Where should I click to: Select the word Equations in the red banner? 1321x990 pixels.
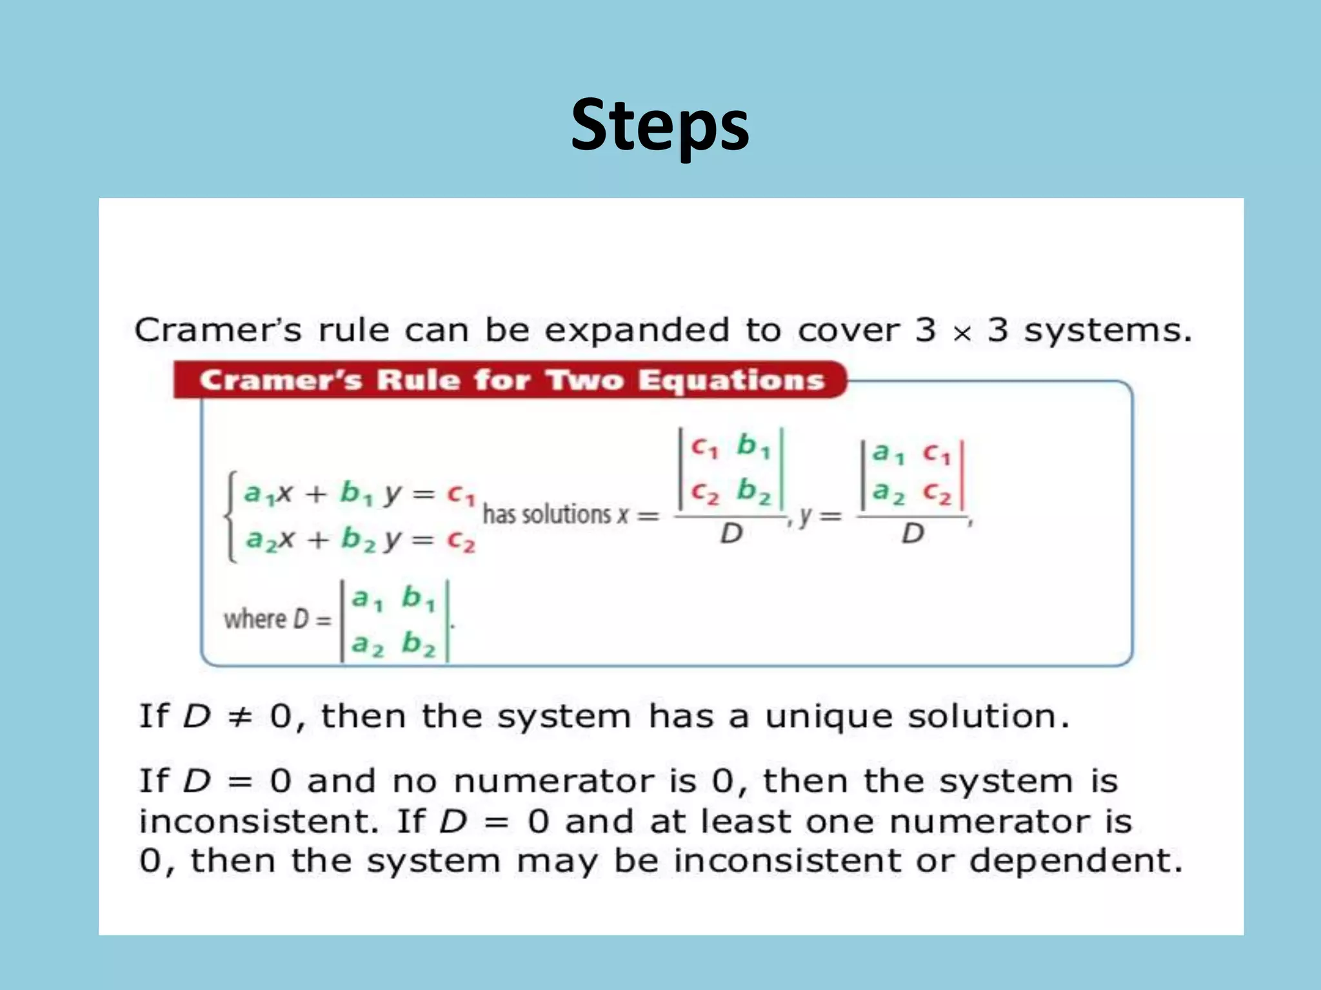[x=731, y=380]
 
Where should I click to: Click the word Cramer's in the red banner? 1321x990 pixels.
[x=281, y=380]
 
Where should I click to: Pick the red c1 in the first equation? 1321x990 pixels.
[x=461, y=495]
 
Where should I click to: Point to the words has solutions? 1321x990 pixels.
[x=546, y=515]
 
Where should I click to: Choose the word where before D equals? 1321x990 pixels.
[x=255, y=619]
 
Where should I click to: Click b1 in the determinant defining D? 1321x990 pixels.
[x=418, y=599]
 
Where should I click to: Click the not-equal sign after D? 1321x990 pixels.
[x=240, y=717]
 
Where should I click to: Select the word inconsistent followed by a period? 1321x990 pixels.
[x=259, y=822]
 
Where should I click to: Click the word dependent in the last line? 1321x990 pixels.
[x=1075, y=862]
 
